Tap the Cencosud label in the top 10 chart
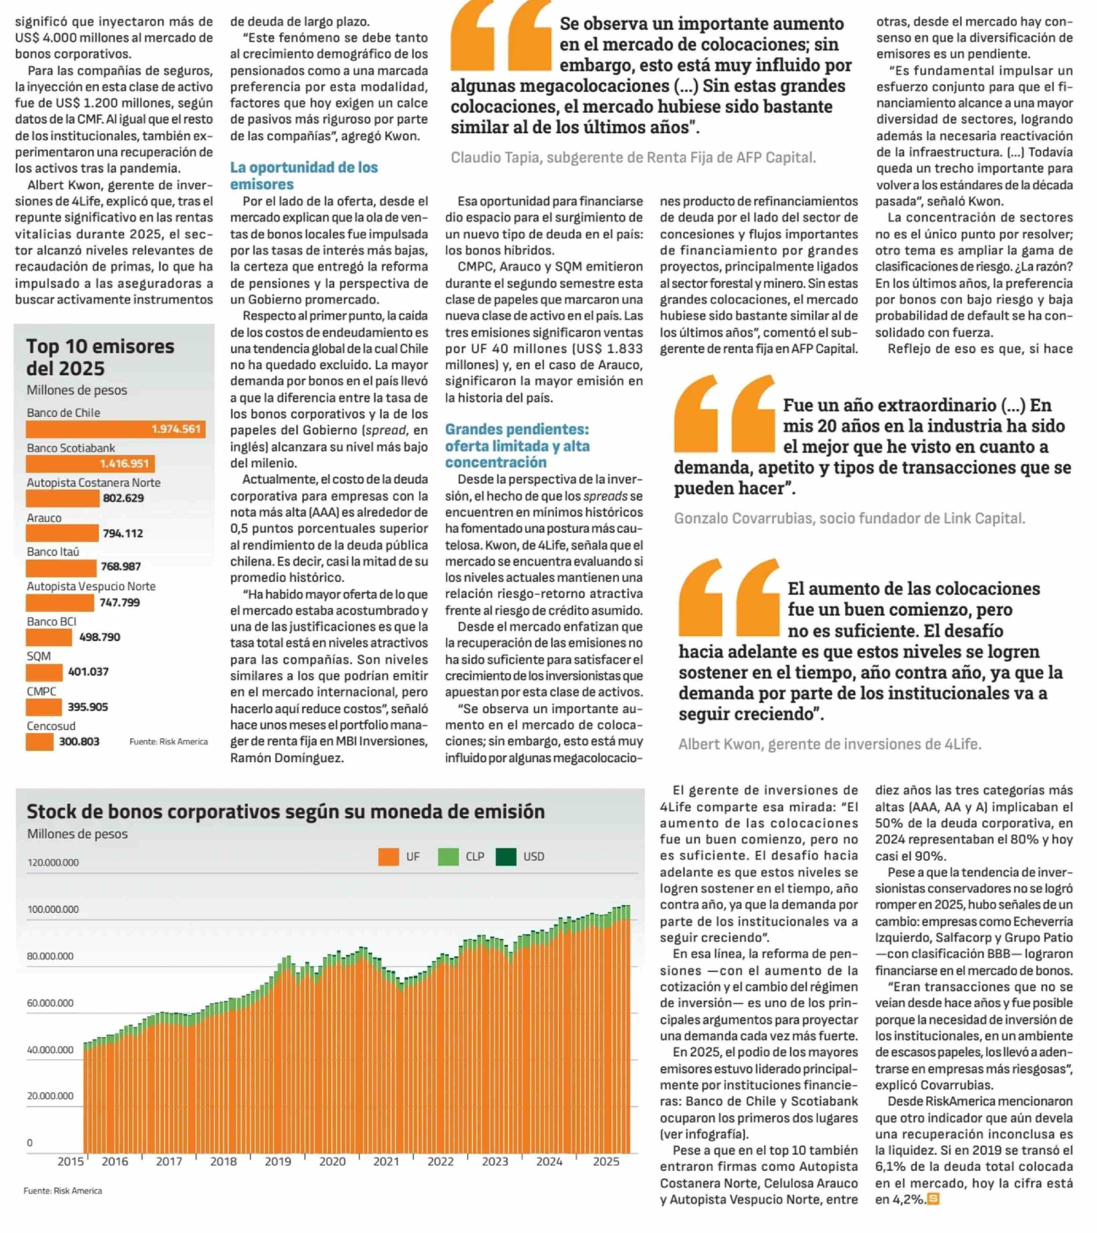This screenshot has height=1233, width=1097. (x=51, y=726)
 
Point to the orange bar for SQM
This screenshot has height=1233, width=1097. (x=44, y=672)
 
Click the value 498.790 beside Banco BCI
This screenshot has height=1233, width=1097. (x=100, y=637)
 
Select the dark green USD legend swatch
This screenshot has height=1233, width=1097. (x=506, y=857)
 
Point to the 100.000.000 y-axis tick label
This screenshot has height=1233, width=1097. (x=53, y=909)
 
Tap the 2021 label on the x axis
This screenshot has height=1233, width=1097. (x=386, y=1161)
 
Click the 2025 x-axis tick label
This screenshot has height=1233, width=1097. (x=606, y=1161)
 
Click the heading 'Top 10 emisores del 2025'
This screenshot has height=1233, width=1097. (x=100, y=357)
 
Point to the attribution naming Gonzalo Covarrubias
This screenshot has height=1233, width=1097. (x=849, y=518)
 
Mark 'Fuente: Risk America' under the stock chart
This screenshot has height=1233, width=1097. (x=63, y=1190)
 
